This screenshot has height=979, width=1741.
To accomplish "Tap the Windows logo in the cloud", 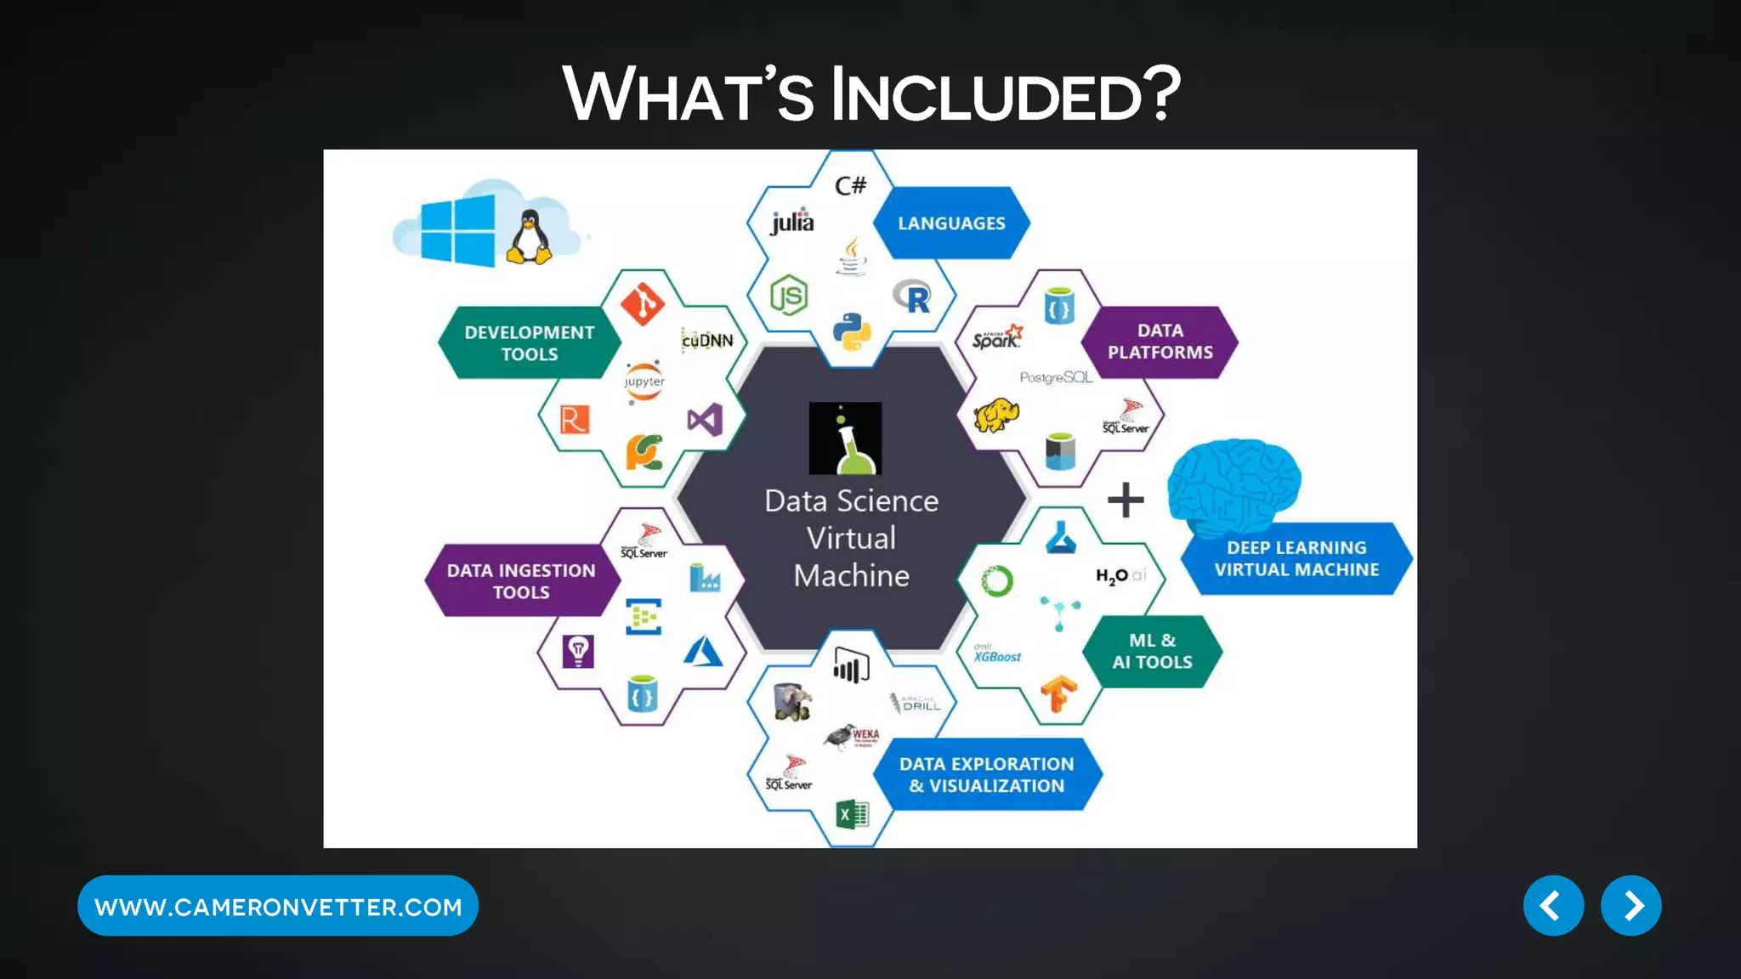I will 457,229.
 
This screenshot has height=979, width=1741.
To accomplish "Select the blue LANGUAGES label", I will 951,224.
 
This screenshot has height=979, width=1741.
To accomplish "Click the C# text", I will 850,185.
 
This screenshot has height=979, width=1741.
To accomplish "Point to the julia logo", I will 792,221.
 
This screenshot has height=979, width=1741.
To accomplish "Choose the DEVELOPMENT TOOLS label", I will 529,342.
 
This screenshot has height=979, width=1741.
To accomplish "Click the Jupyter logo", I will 644,382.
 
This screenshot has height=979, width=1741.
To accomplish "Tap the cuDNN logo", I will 707,340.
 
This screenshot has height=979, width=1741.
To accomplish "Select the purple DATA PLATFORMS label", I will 1160,342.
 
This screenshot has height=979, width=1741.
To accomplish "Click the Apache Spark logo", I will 997,337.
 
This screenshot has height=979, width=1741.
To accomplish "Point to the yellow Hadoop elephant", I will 996,416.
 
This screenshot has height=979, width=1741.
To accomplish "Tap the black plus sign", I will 1126,500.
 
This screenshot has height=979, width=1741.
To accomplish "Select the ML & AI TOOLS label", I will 1152,651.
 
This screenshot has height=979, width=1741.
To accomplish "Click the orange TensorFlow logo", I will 1059,694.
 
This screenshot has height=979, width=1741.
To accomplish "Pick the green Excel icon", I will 852,815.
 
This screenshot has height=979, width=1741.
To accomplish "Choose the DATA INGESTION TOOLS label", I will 521,581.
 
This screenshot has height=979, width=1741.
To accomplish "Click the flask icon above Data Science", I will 845,439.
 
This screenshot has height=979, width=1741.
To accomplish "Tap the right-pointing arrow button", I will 1630,906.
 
